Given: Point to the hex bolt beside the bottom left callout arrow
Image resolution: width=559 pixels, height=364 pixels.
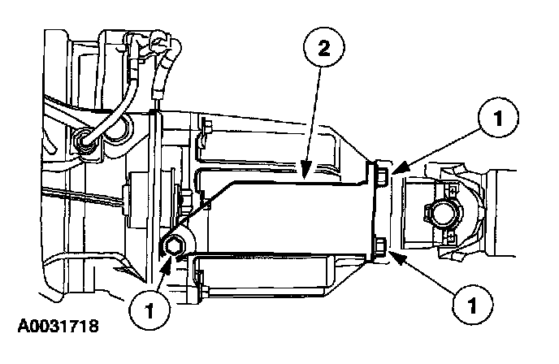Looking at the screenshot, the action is click(x=174, y=246).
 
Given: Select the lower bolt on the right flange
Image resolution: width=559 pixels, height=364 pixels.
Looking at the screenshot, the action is click(x=379, y=245).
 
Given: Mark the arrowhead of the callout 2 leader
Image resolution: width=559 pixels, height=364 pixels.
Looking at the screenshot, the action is click(x=301, y=175).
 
